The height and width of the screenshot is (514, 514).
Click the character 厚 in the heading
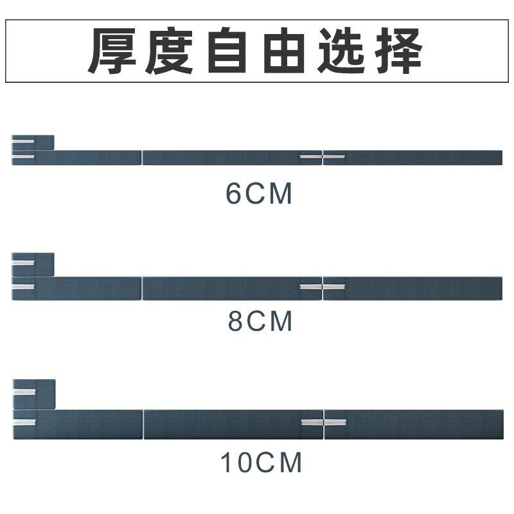(111, 51)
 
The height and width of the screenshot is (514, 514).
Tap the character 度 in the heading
(168, 51)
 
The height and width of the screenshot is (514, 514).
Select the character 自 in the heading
(227, 51)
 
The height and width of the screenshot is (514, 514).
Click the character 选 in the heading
(341, 51)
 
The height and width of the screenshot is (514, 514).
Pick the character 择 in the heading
(398, 51)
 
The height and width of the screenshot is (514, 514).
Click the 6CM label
(259, 194)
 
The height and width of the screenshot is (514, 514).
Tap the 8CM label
(260, 321)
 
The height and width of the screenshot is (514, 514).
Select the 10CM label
(261, 462)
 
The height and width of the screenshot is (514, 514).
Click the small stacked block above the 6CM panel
(33, 143)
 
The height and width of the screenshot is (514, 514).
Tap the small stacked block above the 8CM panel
(33, 265)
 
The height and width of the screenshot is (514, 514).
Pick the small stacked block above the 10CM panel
(34, 394)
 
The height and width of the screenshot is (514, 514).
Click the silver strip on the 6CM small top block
(23, 141)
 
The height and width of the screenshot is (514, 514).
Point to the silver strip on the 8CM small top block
(23, 263)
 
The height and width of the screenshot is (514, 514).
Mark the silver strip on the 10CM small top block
(24, 393)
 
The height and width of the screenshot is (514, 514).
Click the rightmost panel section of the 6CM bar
(412, 157)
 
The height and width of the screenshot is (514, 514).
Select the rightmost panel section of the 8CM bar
(412, 288)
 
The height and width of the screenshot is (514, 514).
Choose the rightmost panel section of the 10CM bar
(414, 424)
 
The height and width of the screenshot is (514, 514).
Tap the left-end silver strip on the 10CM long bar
(24, 422)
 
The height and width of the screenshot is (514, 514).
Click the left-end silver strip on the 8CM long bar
(23, 287)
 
